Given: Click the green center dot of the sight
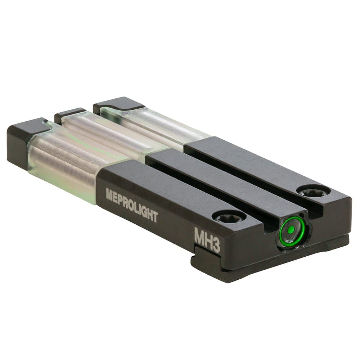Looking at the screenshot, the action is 291,229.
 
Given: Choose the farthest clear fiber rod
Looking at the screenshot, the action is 152,124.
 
